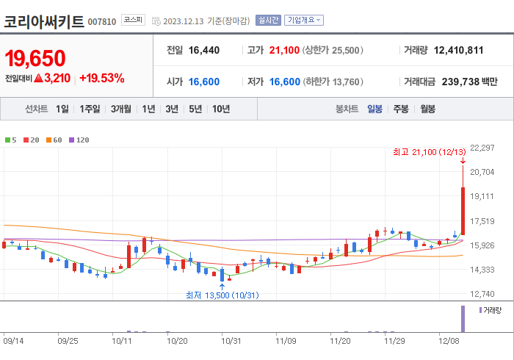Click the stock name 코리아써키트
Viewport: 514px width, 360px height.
click(43, 21)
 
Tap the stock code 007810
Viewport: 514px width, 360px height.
click(102, 21)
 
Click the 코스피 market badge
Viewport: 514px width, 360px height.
click(134, 21)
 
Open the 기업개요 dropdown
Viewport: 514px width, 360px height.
click(304, 21)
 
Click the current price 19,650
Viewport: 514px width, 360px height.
click(35, 58)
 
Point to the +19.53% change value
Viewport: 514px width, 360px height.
click(101, 78)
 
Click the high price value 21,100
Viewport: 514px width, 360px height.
click(284, 50)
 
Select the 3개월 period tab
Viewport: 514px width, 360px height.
click(121, 109)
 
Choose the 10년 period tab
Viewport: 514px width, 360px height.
click(220, 109)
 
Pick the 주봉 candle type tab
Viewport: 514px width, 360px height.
click(400, 109)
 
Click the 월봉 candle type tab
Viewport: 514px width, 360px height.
click(427, 109)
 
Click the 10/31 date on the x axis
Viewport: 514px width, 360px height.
click(231, 340)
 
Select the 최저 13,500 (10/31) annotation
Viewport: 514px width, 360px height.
click(222, 295)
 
